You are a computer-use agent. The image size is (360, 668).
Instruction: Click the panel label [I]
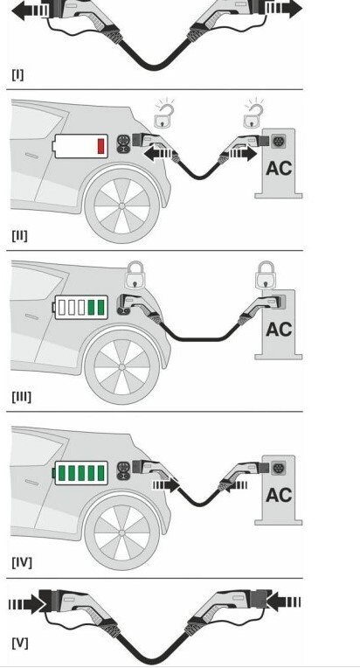[x=17, y=74]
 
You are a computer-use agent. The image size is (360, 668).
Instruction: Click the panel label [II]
[x=19, y=235]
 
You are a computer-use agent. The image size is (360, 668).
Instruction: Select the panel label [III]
[x=21, y=397]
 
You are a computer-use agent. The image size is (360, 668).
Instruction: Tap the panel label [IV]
[x=22, y=562]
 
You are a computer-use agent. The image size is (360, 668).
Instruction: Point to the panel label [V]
[x=20, y=643]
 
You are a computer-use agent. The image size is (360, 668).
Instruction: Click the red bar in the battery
[x=101, y=146]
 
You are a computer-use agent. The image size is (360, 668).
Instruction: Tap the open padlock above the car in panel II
[x=163, y=115]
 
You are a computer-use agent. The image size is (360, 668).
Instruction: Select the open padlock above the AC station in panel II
[x=253, y=115]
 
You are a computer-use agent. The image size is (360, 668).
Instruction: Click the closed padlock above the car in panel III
[x=135, y=275]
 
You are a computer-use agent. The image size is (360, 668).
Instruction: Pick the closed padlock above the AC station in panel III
[x=267, y=275]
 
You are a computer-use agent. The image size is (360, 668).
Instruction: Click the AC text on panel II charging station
[x=279, y=169]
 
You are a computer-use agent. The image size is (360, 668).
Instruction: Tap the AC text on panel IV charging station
[x=279, y=496]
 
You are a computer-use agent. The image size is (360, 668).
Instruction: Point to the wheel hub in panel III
[x=122, y=367]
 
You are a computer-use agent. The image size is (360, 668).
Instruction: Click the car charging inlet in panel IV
[x=124, y=470]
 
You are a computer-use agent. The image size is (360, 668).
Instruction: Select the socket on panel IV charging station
[x=279, y=468]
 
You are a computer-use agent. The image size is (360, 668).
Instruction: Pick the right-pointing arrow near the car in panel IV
[x=166, y=484]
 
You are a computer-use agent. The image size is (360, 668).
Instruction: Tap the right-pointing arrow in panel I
[x=284, y=9]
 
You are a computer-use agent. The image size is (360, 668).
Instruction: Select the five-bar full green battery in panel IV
[x=80, y=473]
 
